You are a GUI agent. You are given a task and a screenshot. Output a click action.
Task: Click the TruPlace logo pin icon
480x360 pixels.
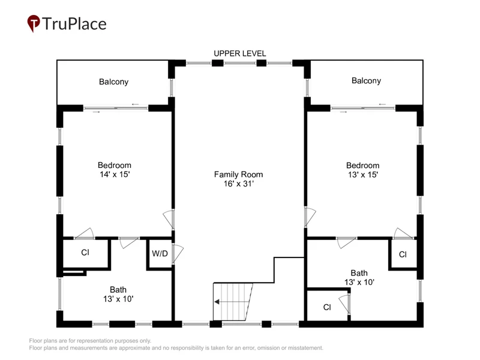(34, 23)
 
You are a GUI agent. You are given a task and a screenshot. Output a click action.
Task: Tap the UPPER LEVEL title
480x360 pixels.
(239, 53)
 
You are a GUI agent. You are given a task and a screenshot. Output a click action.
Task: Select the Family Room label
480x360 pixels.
(238, 175)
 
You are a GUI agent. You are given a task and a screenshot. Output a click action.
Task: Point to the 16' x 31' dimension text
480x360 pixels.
(238, 184)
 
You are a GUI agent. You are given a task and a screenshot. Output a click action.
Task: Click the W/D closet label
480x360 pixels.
(160, 253)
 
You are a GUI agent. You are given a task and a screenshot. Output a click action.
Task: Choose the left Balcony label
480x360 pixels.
(113, 82)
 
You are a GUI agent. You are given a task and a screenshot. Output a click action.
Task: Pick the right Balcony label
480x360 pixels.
(366, 80)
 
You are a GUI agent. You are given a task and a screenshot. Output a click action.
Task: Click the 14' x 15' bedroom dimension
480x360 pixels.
(115, 175)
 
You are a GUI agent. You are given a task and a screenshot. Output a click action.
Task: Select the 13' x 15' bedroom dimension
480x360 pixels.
(363, 175)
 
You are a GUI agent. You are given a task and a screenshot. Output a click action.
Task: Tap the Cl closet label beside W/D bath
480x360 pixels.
(85, 252)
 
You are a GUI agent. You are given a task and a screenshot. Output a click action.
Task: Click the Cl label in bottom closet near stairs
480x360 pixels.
(327, 307)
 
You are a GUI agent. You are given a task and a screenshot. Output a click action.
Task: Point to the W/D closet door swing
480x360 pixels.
(178, 253)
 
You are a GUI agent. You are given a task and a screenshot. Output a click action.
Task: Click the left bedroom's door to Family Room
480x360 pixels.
(169, 219)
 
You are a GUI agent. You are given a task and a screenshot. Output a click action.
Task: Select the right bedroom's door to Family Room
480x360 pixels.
(310, 217)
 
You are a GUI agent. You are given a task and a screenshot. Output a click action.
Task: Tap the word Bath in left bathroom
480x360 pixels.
(118, 290)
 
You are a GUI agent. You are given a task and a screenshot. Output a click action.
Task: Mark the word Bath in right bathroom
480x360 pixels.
(359, 273)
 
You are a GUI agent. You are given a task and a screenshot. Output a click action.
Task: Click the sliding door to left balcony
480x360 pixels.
(116, 108)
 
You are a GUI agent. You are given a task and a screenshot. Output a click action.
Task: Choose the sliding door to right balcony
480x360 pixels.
(363, 108)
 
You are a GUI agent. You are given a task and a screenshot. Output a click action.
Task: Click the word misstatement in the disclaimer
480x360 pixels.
(305, 348)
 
